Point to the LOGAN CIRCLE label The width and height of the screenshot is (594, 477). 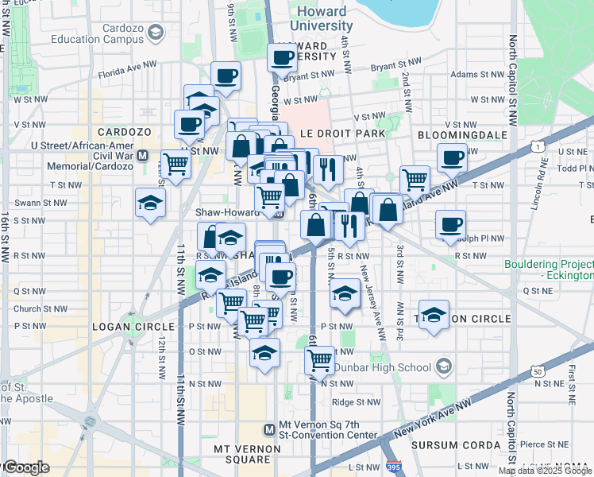(x=133, y=327)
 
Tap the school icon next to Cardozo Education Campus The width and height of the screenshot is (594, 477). (x=156, y=33)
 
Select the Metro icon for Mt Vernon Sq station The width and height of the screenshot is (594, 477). (x=269, y=429)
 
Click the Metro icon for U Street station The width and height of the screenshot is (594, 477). (x=143, y=156)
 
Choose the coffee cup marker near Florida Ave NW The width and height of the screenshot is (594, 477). (x=226, y=76)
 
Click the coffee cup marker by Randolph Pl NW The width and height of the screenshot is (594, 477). (x=450, y=223)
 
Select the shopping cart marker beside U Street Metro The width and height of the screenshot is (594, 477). (x=175, y=164)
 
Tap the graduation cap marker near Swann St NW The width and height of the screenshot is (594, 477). (x=150, y=202)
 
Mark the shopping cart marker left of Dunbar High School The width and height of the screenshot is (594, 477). (x=319, y=359)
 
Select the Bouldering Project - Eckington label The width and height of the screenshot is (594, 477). (x=549, y=270)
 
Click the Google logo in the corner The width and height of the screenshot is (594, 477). (x=26, y=467)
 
